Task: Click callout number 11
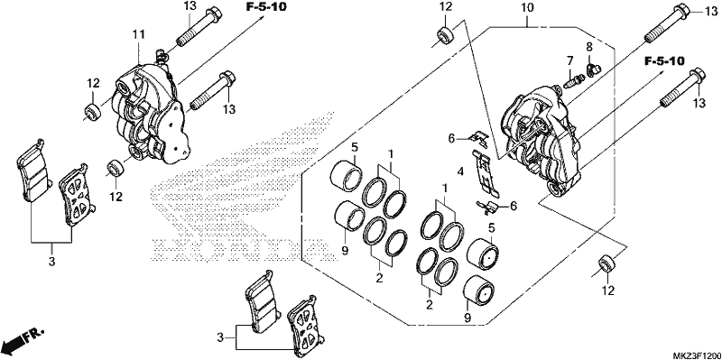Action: pyautogui.click(x=139, y=34)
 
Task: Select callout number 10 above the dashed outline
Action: pyautogui.click(x=527, y=8)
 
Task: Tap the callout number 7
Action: pyautogui.click(x=569, y=60)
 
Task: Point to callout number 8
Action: pyautogui.click(x=589, y=47)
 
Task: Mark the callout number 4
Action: pyautogui.click(x=460, y=172)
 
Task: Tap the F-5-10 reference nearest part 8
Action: pyautogui.click(x=664, y=60)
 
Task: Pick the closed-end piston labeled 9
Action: pyautogui.click(x=480, y=291)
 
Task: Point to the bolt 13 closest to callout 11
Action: pyautogui.click(x=200, y=27)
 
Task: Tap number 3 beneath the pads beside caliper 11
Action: pyautogui.click(x=51, y=262)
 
